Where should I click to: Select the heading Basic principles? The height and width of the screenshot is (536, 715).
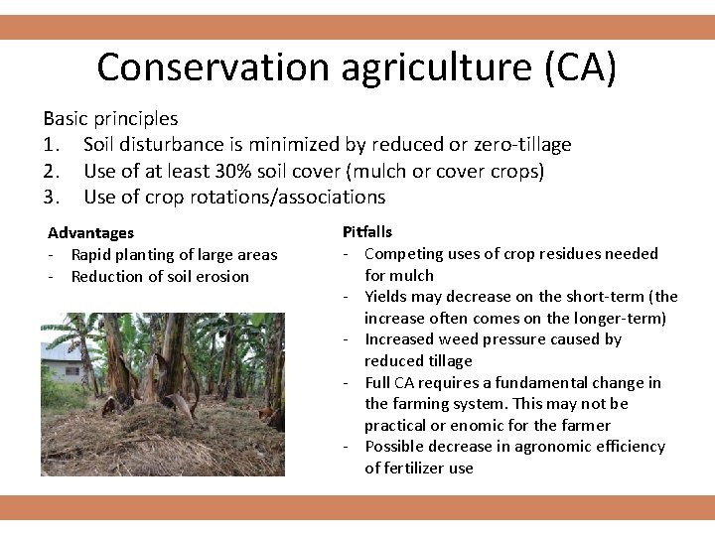(x=110, y=118)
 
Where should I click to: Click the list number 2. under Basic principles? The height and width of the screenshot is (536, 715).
(x=55, y=171)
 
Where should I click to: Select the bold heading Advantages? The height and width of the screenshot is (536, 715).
(x=90, y=233)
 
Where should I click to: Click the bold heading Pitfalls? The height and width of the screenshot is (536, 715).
(x=367, y=232)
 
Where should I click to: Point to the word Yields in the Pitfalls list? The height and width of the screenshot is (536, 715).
(x=386, y=297)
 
